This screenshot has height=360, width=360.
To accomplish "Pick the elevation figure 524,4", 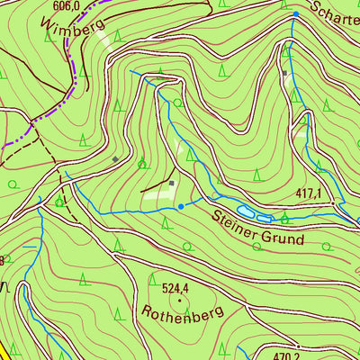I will point(176,289).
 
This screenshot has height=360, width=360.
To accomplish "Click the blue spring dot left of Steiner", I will point(181,206).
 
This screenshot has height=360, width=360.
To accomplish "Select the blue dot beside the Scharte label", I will point(295,15).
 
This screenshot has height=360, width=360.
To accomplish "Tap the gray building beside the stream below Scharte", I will point(284,73).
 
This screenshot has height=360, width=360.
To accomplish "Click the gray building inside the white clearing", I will point(171,184).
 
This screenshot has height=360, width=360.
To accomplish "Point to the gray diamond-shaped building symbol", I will point(115,159).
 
